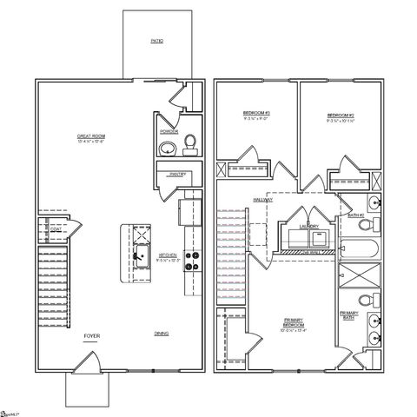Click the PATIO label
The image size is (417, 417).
coord(156,41)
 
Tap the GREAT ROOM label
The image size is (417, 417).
coord(90,137)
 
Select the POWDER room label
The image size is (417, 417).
coord(168,132)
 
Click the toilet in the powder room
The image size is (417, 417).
coord(191,144)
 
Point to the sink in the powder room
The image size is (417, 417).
coord(168,147)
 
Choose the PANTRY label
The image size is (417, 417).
coord(179,174)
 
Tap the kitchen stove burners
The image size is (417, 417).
coord(192,261)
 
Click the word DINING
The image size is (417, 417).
coord(162,334)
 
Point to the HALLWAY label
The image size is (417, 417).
coord(262,200)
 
